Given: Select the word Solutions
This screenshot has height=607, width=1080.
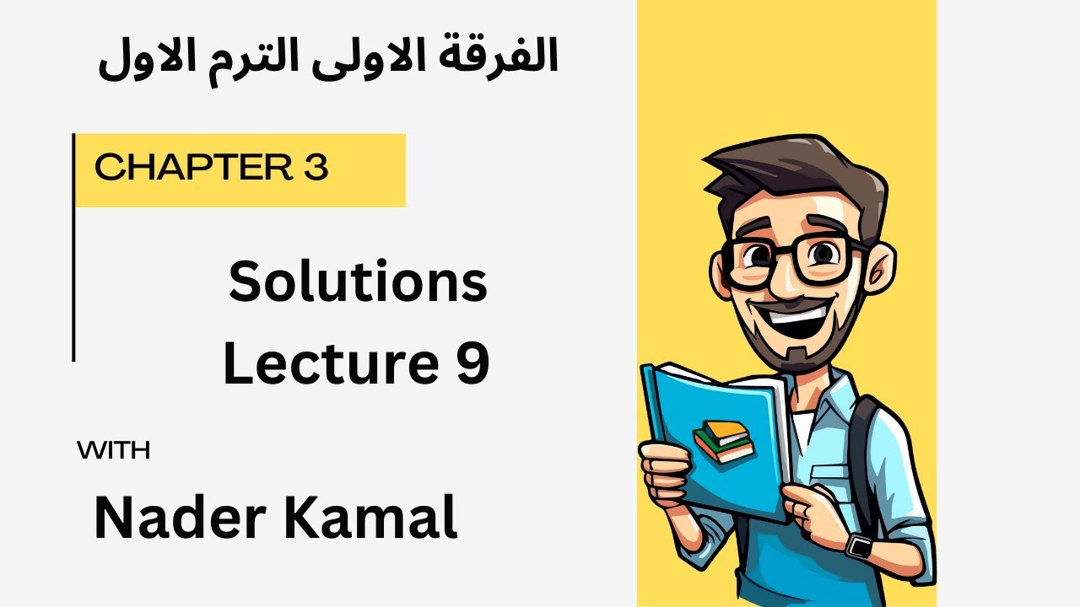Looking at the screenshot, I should [358, 282].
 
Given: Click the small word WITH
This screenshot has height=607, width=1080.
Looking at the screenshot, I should [113, 452].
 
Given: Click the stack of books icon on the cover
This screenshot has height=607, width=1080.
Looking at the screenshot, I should [722, 441].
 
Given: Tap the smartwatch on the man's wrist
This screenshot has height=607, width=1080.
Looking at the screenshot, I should [860, 545].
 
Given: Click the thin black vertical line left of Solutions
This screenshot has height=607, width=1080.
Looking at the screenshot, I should [74, 253].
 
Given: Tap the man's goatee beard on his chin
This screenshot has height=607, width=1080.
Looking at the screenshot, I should [793, 354].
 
